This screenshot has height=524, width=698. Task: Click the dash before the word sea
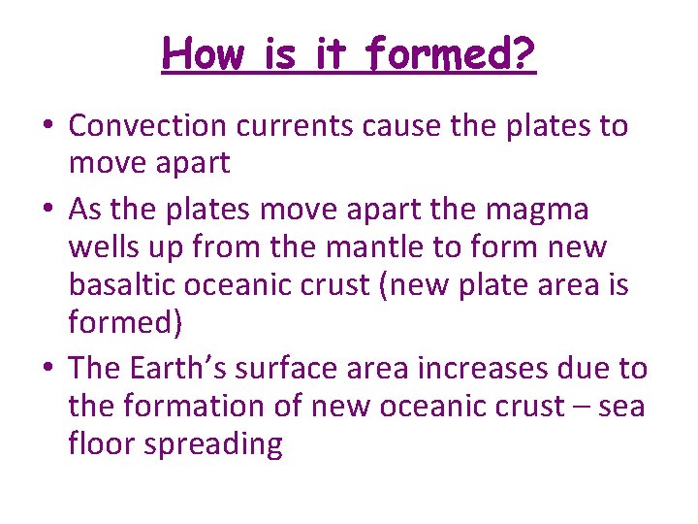click(x=578, y=407)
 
